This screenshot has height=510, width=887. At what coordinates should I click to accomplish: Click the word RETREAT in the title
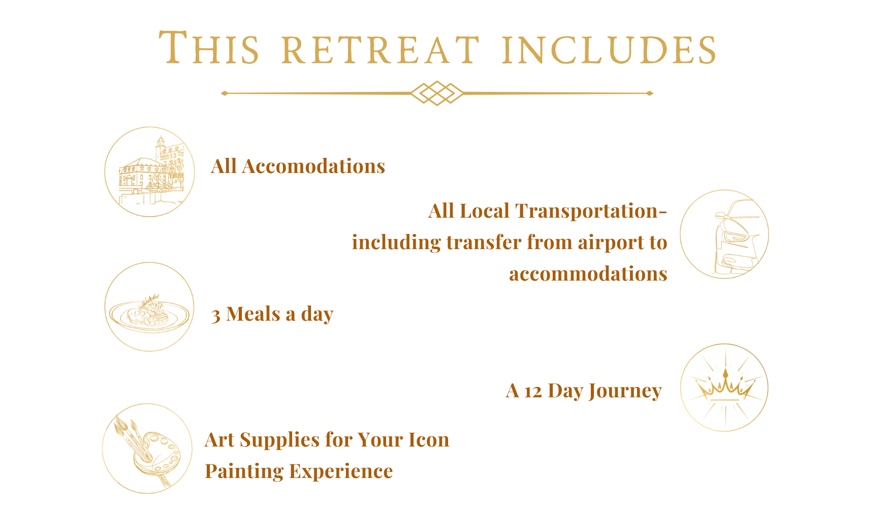[x=381, y=50]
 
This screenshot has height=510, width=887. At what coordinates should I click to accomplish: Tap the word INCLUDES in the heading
[x=609, y=50]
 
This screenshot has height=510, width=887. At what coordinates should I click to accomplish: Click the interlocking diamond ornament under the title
[x=437, y=93]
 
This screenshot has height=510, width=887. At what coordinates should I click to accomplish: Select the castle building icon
[x=149, y=172]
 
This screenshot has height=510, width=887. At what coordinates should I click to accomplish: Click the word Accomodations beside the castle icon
[x=313, y=166]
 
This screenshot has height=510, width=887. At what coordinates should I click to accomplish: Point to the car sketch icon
[x=724, y=234]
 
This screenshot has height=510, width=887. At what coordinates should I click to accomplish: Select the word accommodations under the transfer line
[x=588, y=274]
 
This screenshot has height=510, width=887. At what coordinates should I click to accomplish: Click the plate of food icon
[x=149, y=307]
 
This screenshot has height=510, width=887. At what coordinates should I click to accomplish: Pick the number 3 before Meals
[x=216, y=316]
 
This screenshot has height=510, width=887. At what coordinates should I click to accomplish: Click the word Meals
[x=253, y=314]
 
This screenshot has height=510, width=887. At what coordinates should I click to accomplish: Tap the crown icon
[x=724, y=388]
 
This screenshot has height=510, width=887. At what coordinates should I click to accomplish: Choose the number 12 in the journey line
[x=533, y=392]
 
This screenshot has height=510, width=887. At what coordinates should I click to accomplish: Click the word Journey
[x=625, y=391]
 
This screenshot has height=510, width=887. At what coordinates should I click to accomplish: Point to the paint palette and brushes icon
[x=147, y=448]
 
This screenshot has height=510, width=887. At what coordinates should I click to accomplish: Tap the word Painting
[x=244, y=471]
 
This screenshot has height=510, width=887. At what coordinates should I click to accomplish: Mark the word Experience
[x=341, y=471]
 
